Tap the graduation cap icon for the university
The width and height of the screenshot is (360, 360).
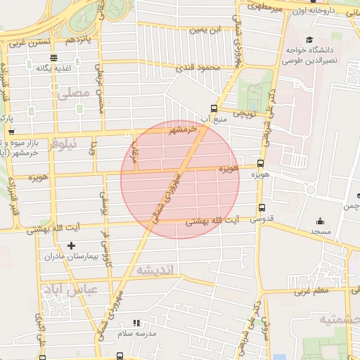point(310,41)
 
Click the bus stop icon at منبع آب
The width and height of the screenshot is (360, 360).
point(214,108)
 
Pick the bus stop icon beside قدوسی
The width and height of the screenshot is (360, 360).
point(262,207)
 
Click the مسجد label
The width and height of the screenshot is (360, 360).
point(322,231)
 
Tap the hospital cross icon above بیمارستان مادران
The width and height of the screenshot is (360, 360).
point(70,245)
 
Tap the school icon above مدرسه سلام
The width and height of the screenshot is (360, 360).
point(136,323)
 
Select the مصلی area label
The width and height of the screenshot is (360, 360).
point(72,93)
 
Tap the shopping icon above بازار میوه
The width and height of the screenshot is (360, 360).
point(12,131)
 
